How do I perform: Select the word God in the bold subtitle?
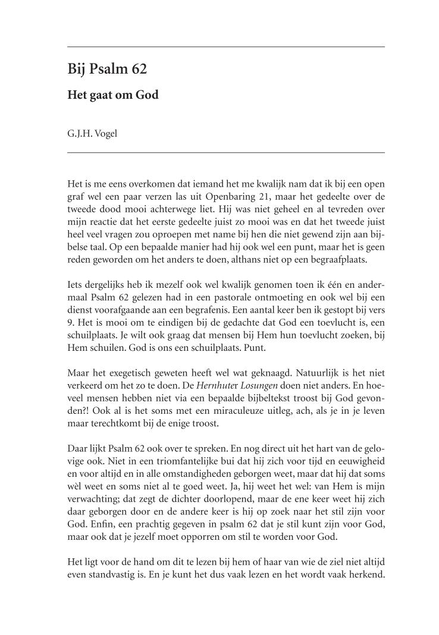click(x=147, y=95)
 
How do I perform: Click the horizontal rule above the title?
click(x=226, y=46)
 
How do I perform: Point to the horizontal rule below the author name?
click(x=226, y=153)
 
